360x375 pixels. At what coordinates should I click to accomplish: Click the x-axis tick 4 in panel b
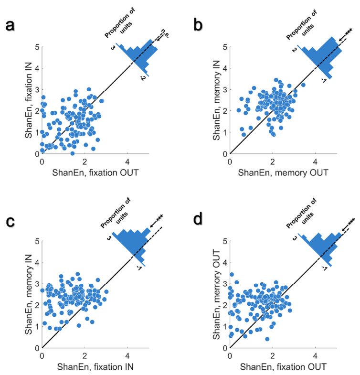click(x=315, y=161)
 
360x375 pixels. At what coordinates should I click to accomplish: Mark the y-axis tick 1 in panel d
click(x=223, y=327)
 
